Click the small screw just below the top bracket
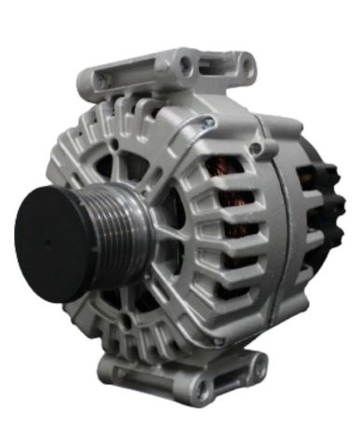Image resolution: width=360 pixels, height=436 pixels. (x=210, y=122)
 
